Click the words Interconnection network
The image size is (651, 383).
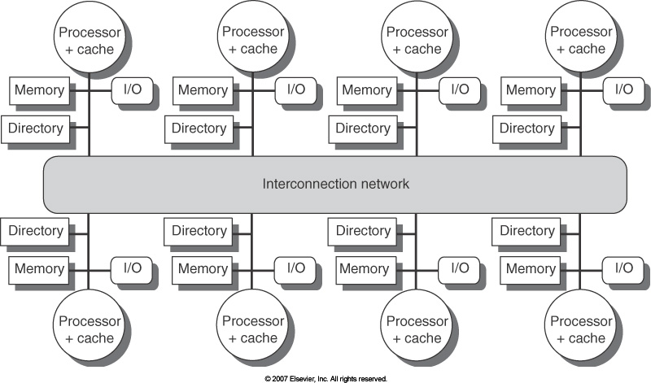coord(335,184)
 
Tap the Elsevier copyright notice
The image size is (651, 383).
coord(325,378)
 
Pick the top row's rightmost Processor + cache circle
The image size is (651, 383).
coord(581,40)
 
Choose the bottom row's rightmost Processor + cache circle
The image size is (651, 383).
coord(581,329)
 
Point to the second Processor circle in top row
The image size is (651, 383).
coord(252,40)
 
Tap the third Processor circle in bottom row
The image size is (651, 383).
coord(417,329)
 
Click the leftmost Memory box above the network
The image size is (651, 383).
coord(39,90)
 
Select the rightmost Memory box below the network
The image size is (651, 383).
coord(531,269)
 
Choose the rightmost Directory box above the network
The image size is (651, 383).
coord(526,128)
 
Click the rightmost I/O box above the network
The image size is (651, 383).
coord(623,89)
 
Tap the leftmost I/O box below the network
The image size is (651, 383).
coord(132,268)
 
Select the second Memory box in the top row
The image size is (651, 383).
coord(203,90)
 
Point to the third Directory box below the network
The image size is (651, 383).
coord(362,231)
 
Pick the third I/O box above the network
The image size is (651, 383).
coord(459,89)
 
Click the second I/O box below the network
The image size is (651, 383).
coord(295,268)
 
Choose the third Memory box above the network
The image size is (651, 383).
coord(366,90)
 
